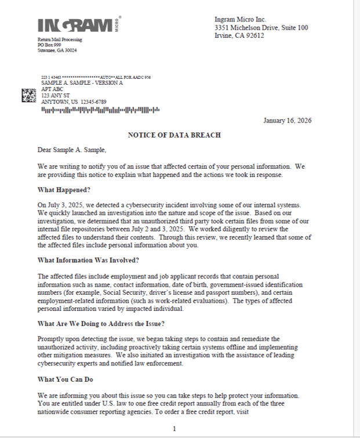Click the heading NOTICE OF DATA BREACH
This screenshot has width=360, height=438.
(174, 135)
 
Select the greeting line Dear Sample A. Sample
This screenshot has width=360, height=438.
(72, 150)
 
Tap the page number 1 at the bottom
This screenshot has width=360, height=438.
(174, 429)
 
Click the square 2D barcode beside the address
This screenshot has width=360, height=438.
(28, 95)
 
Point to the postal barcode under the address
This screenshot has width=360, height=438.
(100, 110)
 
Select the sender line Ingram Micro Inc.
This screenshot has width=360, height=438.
(240, 20)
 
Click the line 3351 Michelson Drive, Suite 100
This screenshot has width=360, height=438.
(261, 27)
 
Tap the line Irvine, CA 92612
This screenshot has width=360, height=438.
(239, 35)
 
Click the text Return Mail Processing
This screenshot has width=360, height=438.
(60, 39)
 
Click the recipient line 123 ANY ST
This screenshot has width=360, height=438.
(55, 95)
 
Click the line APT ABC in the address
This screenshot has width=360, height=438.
(52, 89)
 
